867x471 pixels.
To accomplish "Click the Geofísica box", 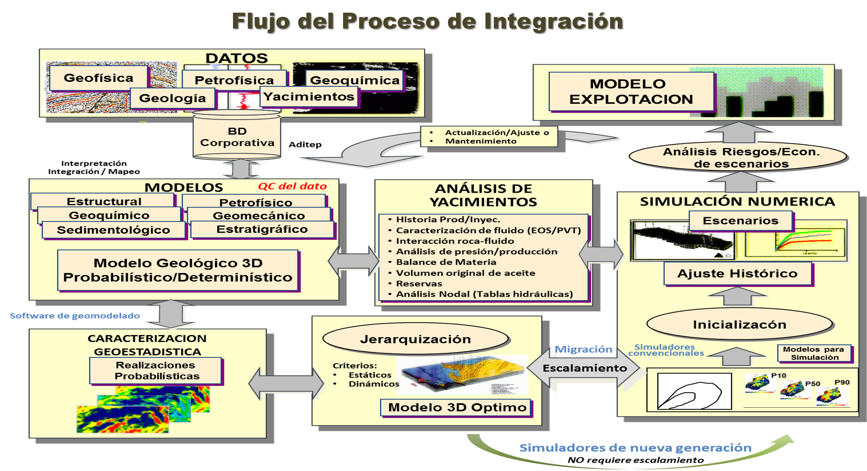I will click(x=99, y=78).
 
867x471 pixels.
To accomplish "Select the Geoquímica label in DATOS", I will click(x=354, y=80).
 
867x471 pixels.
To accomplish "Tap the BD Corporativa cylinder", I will click(x=237, y=137).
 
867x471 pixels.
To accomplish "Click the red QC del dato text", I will click(x=292, y=186).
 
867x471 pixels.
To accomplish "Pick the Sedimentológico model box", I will click(x=113, y=230).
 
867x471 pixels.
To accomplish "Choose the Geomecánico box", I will click(x=259, y=216).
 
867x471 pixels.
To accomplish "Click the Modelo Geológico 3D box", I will click(x=178, y=270).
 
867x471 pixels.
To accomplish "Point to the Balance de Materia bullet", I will click(x=446, y=262).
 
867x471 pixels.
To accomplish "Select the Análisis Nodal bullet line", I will click(x=484, y=294).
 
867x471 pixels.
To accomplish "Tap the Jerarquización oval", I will click(x=415, y=339).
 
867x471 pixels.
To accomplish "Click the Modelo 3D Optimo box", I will click(x=457, y=407).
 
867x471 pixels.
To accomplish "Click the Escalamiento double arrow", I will click(x=584, y=368).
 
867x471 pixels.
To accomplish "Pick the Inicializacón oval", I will click(x=739, y=324).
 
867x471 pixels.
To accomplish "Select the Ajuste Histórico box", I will click(x=738, y=273).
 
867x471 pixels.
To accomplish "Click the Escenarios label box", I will click(x=741, y=221).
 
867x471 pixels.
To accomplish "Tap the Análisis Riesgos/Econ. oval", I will click(x=741, y=158).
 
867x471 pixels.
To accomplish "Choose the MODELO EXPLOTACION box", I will click(x=631, y=92).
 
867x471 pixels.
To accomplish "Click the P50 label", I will click(x=812, y=384).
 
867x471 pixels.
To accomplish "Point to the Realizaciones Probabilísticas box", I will click(x=156, y=370).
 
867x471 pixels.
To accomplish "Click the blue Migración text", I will click(x=583, y=350).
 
